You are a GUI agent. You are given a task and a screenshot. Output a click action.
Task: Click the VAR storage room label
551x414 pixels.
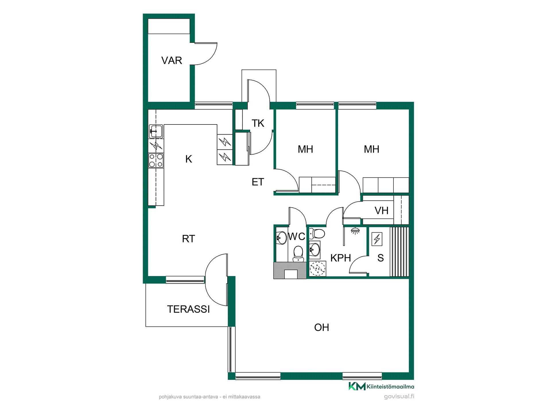pyautogui.click(x=172, y=60)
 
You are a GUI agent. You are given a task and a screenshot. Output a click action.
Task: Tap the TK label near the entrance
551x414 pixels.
pyautogui.click(x=258, y=123)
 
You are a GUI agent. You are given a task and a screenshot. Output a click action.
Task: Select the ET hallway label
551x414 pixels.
pyautogui.click(x=258, y=182)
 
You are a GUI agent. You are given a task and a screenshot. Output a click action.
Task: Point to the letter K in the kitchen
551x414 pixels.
pyautogui.click(x=189, y=159)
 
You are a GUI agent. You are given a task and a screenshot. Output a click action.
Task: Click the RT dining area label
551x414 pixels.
pyautogui.click(x=188, y=239)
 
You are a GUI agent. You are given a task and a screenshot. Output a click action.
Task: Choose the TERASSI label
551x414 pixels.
pyautogui.click(x=188, y=309)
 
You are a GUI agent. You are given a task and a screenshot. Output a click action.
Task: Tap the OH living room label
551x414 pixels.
pyautogui.click(x=321, y=327)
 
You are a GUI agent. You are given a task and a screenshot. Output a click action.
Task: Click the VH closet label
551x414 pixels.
pyautogui.click(x=381, y=211)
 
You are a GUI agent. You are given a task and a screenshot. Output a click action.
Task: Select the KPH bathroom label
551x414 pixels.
pyautogui.click(x=341, y=258)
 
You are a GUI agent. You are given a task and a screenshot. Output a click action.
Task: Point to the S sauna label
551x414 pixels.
pyautogui.click(x=381, y=258)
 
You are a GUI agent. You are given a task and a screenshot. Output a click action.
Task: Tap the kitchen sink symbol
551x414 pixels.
pyautogui.click(x=156, y=131)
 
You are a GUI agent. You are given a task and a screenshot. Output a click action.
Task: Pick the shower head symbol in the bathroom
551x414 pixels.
pyautogui.click(x=355, y=231)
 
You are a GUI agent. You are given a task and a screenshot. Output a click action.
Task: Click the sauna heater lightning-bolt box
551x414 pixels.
pyautogui.click(x=377, y=239)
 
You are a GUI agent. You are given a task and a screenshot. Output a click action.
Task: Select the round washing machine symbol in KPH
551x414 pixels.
pyautogui.click(x=318, y=269)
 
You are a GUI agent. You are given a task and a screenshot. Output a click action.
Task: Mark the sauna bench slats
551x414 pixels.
pyautogui.click(x=399, y=252)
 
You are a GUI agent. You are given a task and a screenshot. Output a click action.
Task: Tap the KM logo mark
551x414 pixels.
pyautogui.click(x=357, y=386)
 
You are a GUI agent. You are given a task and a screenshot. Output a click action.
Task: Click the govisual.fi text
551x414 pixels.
pyautogui.click(x=399, y=396)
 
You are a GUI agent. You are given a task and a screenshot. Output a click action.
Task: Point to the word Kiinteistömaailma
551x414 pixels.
pyautogui.click(x=390, y=387)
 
